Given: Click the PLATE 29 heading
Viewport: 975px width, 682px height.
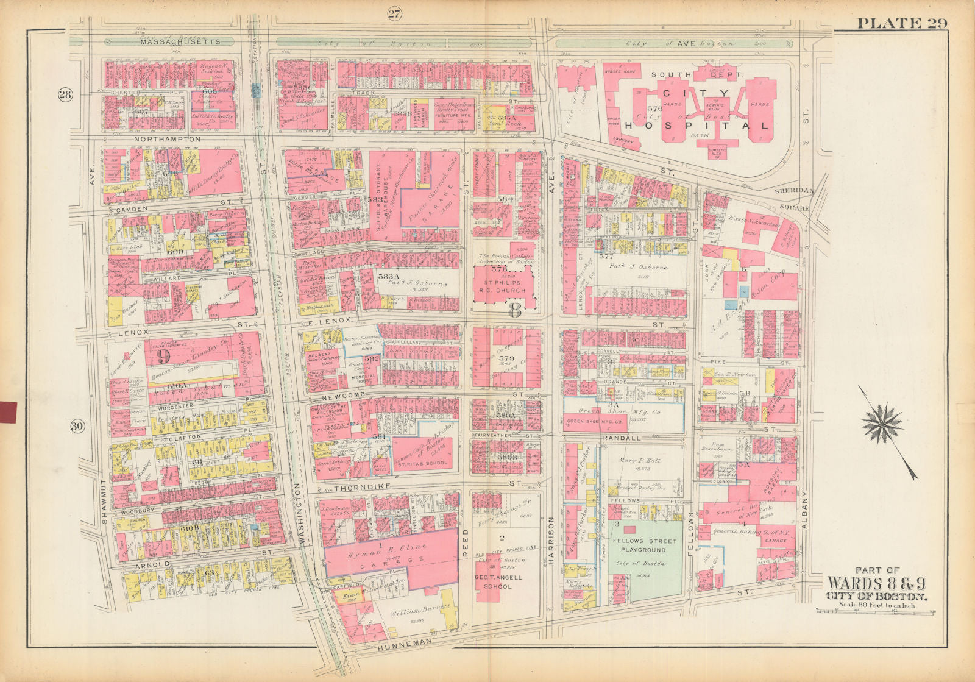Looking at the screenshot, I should coord(902,23).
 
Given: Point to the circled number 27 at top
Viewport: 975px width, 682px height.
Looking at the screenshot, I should coord(394,15).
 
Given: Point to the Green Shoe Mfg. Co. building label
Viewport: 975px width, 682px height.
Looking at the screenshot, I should coord(589,421).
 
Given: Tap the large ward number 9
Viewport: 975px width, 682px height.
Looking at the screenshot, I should coord(163,356).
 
